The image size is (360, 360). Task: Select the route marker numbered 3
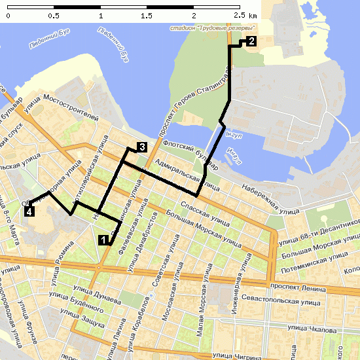141,147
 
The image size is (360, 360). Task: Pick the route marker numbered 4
29,211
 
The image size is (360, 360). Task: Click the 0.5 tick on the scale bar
54,14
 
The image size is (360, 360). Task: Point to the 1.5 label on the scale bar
147,14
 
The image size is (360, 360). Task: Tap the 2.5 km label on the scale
245,14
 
